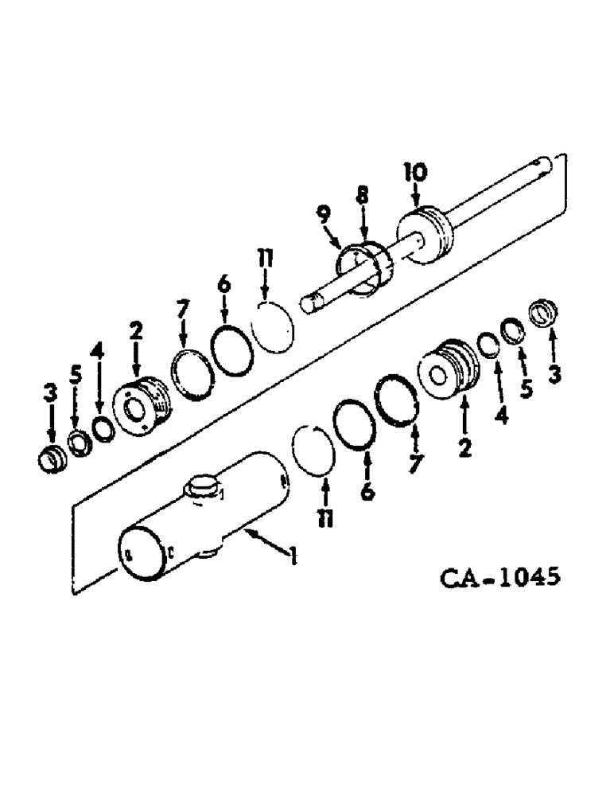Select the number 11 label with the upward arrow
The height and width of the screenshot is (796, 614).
click(324, 519)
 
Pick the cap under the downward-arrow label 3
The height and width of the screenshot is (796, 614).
click(51, 460)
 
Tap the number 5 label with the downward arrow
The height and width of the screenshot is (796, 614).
click(76, 375)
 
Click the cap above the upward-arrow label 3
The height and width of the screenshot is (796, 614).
click(546, 312)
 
